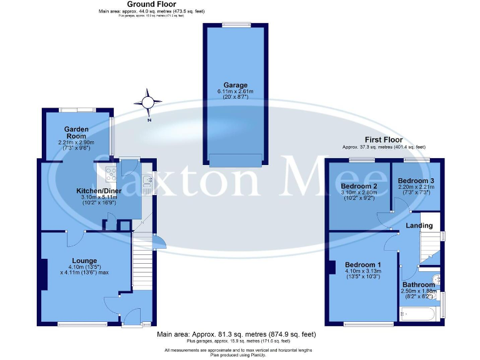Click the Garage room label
tap(236, 85)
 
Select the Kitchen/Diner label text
tap(98, 190)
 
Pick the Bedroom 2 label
tap(359, 186)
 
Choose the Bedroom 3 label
tap(416, 181)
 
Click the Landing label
tap(419, 225)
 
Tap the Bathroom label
tap(419, 284)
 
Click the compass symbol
tap(148, 102)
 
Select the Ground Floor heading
tap(151, 4)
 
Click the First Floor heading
tap(384, 139)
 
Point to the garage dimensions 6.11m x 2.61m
tap(236, 92)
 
